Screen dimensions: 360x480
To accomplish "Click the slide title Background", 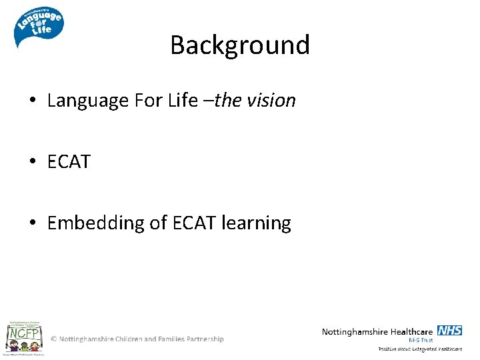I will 240,45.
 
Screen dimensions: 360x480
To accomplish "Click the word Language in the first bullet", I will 88,101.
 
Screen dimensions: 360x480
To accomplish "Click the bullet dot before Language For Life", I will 33,101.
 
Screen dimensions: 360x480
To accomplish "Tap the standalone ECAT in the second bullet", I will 69,162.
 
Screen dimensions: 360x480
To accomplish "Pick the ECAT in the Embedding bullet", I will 194,223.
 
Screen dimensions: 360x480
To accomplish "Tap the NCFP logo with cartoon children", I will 25,337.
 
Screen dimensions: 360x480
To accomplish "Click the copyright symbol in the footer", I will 54,339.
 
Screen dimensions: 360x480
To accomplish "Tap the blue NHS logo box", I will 449,331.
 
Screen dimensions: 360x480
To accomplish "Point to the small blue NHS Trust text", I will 421,340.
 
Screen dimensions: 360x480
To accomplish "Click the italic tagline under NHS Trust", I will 420,349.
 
